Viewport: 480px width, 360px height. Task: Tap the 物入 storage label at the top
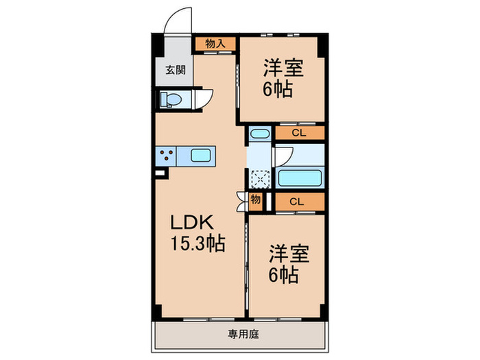215,44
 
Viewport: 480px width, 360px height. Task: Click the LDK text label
193,223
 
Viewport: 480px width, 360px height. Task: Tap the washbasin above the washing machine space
259,134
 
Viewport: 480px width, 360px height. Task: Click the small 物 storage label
255,200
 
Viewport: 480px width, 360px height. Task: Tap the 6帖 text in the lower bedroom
283,276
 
